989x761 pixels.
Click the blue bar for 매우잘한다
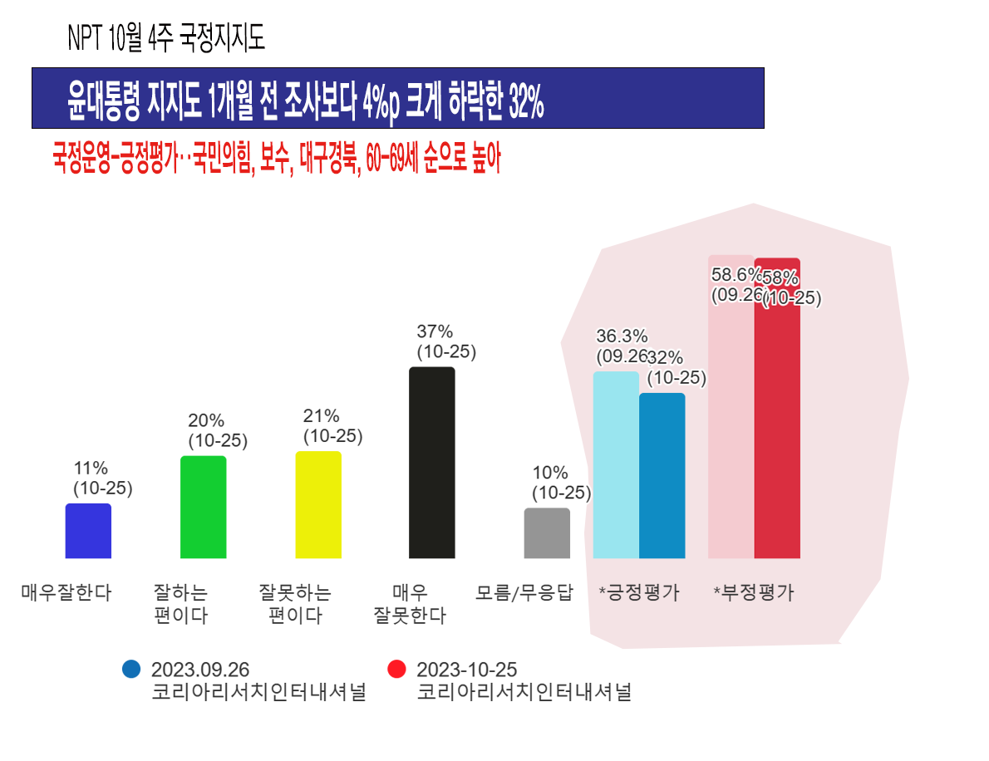click(x=88, y=531)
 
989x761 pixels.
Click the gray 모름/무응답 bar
click(x=547, y=533)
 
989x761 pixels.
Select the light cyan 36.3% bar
click(x=616, y=465)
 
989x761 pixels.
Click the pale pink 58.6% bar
click(x=731, y=415)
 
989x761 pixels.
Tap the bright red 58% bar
click(x=777, y=415)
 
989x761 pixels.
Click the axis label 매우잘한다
click(x=66, y=593)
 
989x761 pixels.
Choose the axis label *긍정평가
click(x=639, y=593)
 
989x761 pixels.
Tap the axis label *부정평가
click(x=754, y=593)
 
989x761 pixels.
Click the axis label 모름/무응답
click(x=524, y=593)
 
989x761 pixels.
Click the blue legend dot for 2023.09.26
click(x=131, y=669)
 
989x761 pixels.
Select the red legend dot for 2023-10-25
click(x=396, y=669)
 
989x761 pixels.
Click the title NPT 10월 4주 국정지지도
click(x=166, y=39)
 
